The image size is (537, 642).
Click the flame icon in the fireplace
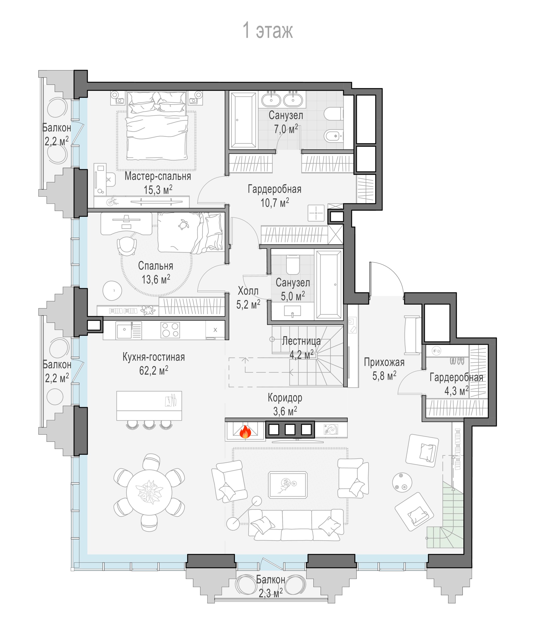[245, 432]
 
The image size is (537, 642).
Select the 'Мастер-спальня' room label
[158, 176]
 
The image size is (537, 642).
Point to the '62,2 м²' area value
[154, 371]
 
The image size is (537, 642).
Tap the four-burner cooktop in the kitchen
[170, 330]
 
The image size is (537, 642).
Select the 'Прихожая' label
[384, 362]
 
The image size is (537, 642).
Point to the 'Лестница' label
[301, 341]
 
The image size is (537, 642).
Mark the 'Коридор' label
[285, 398]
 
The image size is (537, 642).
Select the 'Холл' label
[248, 291]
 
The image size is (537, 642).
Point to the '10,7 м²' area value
[275, 203]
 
